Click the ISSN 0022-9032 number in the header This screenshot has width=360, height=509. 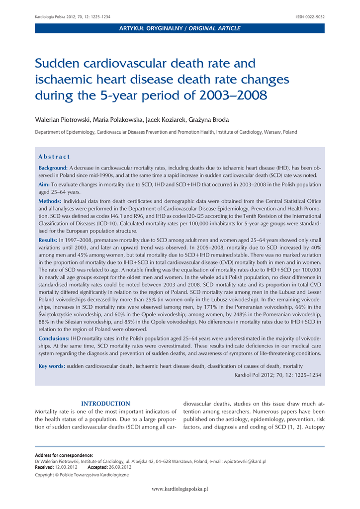pyautogui.click(x=310, y=17)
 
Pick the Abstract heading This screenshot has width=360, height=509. pyautogui.click(x=54, y=157)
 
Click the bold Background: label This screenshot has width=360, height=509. pyautogui.click(x=53, y=168)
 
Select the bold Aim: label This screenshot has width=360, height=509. pyautogui.click(x=44, y=184)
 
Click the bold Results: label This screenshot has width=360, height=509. pyautogui.click(x=48, y=240)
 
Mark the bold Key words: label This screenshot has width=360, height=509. pyautogui.click(x=52, y=366)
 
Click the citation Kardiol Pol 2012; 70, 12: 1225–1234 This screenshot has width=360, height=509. pyautogui.click(x=277, y=375)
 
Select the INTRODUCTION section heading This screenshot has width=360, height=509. pyautogui.click(x=105, y=404)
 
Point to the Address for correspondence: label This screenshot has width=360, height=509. pyautogui.click(x=64, y=455)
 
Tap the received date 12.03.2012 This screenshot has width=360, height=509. pyautogui.click(x=66, y=467)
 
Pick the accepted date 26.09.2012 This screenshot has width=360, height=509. pyautogui.click(x=120, y=467)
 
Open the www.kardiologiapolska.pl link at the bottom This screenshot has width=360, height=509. pyautogui.click(x=180, y=489)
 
